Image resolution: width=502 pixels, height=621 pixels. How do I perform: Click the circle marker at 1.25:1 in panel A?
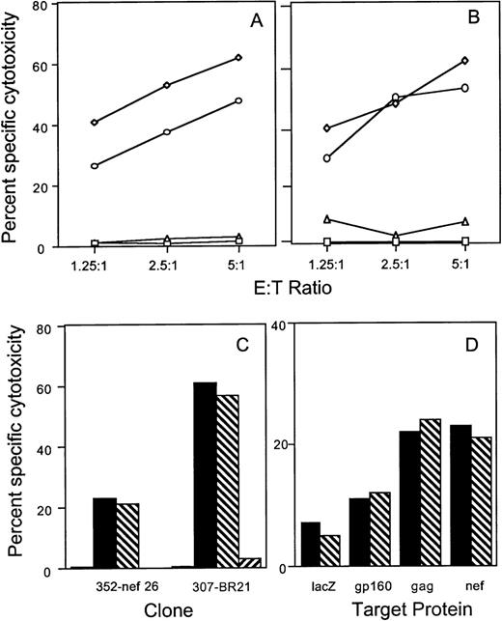tap(94, 166)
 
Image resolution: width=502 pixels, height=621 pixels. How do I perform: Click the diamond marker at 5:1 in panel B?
tap(466, 61)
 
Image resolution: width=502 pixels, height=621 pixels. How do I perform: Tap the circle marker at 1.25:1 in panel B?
tap(328, 157)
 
